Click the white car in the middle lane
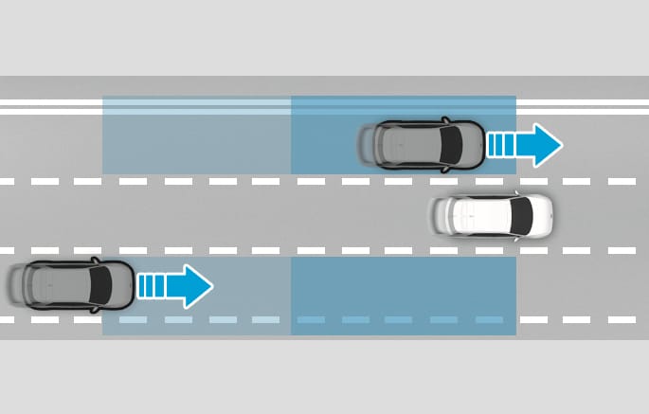[x=491, y=217]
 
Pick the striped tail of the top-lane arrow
[x=502, y=145]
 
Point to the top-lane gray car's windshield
[x=452, y=143]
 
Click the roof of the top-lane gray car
[x=417, y=143]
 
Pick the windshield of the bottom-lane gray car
[x=99, y=284]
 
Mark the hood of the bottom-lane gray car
[x=121, y=284]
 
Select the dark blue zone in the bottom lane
[x=403, y=296]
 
